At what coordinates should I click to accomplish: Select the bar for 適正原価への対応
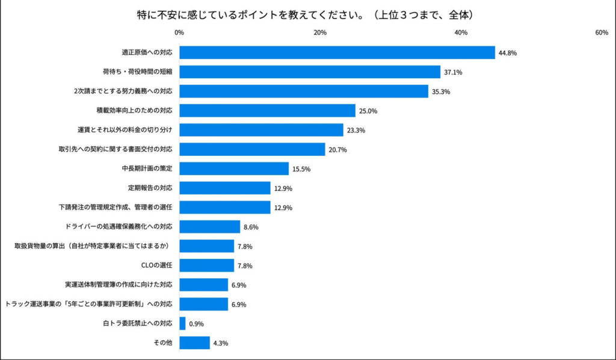pyautogui.click(x=337, y=53)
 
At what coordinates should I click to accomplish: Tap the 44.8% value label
pyautogui.click(x=507, y=53)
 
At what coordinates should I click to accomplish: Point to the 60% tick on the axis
pyautogui.click(x=602, y=33)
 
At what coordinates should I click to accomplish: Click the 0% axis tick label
pyautogui.click(x=179, y=33)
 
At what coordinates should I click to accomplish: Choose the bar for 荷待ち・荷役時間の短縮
pyautogui.click(x=310, y=72)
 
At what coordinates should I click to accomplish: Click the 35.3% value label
pyautogui.click(x=441, y=92)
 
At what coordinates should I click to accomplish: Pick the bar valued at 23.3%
pyautogui.click(x=261, y=130)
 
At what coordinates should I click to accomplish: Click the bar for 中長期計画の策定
pyautogui.click(x=234, y=169)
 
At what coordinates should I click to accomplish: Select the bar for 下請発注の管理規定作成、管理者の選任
pyautogui.click(x=225, y=207)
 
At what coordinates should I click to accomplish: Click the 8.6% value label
pyautogui.click(x=251, y=227)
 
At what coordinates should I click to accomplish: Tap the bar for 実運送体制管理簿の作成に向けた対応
pyautogui.click(x=203, y=285)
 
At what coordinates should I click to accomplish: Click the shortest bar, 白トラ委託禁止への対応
pyautogui.click(x=182, y=323)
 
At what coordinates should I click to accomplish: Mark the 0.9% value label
pyautogui.click(x=197, y=324)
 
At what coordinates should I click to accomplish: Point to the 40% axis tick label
pyautogui.click(x=461, y=33)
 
